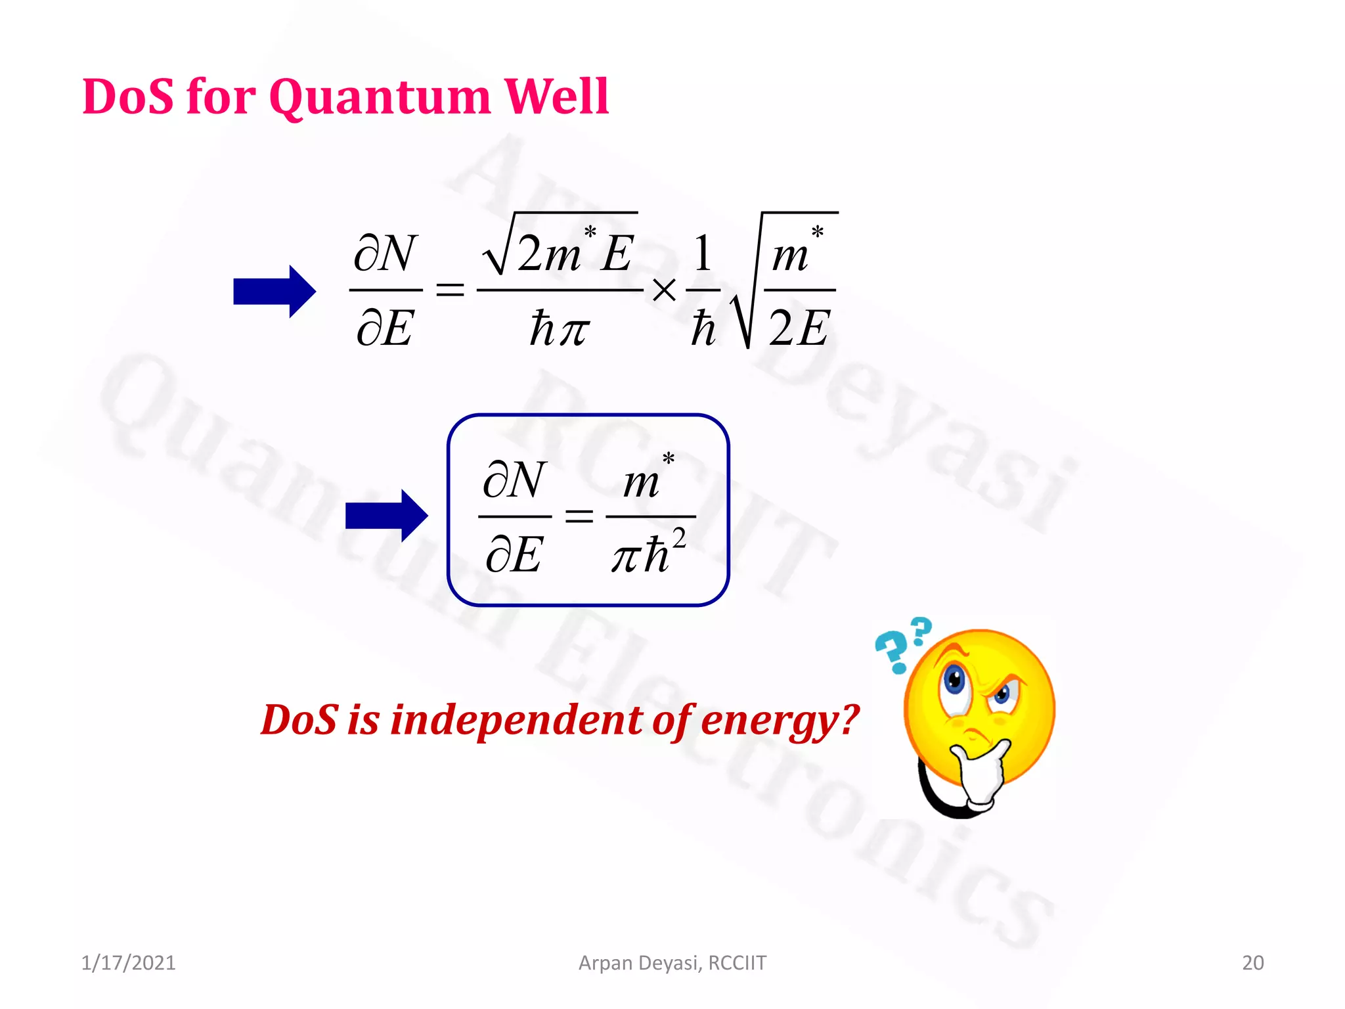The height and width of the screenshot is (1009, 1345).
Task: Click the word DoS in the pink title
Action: [129, 97]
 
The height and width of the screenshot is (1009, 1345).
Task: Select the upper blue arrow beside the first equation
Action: [275, 292]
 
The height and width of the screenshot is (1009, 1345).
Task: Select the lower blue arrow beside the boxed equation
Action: [386, 516]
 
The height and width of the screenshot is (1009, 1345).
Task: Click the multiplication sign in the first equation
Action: [665, 290]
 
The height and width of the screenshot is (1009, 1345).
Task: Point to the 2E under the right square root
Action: [799, 327]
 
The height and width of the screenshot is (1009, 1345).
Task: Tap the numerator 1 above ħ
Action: [703, 254]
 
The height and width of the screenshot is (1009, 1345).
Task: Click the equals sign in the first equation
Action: [451, 290]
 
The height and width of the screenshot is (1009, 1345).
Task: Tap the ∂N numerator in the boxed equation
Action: [514, 480]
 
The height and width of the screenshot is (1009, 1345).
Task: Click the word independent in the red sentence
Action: [516, 720]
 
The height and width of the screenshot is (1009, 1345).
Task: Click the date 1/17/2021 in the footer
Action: [128, 963]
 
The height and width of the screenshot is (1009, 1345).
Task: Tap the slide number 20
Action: [1252, 963]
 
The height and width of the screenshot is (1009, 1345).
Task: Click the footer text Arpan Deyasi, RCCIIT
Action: [672, 963]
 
